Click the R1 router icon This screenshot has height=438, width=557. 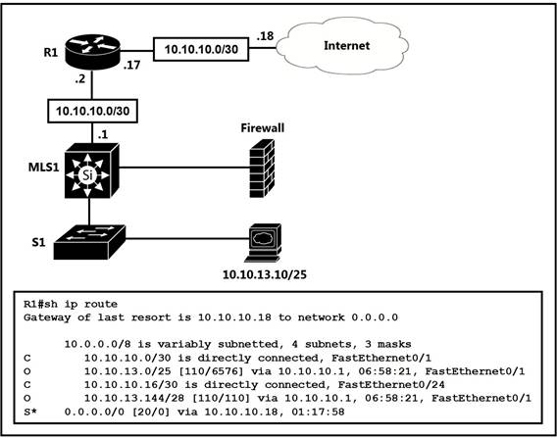93,52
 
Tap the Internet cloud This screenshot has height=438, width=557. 342,47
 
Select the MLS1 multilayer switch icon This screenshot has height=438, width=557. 91,170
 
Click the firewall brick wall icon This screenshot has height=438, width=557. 262,169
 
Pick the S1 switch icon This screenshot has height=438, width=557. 89,242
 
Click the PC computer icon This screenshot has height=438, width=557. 265,243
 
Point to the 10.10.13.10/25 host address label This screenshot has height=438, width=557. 265,274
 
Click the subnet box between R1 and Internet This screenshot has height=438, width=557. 201,49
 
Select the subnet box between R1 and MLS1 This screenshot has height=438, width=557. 93,111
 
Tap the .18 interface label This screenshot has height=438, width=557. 266,36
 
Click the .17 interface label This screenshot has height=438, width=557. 131,66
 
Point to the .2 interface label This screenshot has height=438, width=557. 80,79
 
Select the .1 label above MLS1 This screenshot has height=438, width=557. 102,135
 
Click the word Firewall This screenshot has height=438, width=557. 263,127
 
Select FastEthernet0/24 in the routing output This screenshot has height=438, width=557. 391,385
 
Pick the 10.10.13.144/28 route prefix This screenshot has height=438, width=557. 134,398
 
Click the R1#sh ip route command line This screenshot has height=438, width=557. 71,304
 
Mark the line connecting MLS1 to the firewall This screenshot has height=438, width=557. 184,168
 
